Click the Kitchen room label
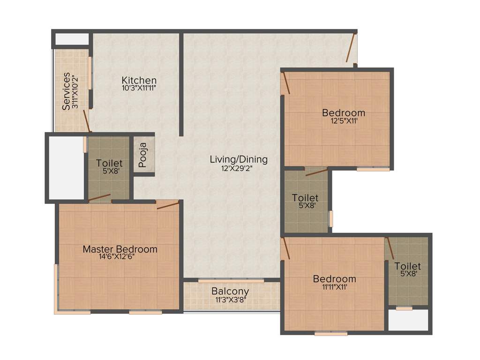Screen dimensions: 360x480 click(x=139, y=80)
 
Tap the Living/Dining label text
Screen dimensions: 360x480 click(x=239, y=159)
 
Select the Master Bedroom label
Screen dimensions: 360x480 click(x=120, y=249)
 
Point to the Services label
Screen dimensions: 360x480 click(x=67, y=90)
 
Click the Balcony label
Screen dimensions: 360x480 click(x=230, y=291)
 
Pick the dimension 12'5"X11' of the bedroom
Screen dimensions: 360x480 click(x=343, y=120)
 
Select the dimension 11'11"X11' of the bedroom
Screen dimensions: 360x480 click(x=334, y=287)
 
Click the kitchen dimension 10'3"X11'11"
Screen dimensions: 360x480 click(x=139, y=88)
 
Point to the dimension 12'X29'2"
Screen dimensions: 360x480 click(x=239, y=168)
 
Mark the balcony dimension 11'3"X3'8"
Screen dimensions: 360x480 click(x=231, y=299)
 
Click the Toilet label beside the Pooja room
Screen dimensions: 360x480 click(x=109, y=163)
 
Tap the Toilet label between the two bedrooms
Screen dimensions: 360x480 click(x=305, y=198)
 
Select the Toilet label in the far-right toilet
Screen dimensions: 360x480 click(x=407, y=266)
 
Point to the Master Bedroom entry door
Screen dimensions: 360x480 click(x=167, y=205)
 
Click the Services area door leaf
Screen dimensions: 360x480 click(x=86, y=121)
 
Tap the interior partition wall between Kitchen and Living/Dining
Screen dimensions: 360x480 click(x=181, y=84)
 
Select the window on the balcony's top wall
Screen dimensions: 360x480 click(x=231, y=281)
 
